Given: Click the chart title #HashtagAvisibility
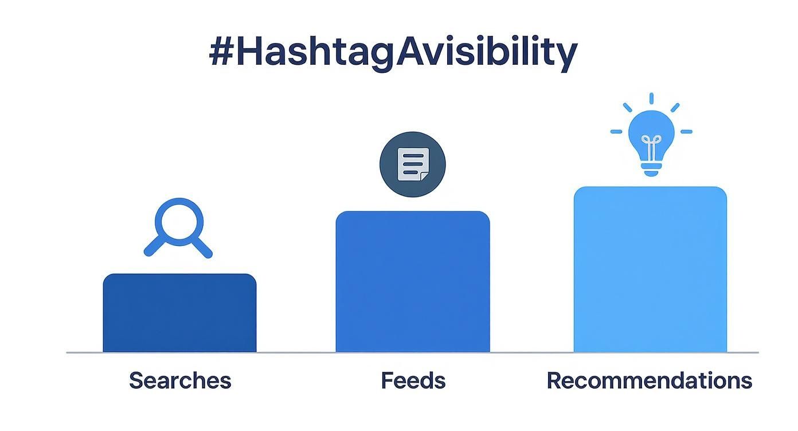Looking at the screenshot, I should point(393,53).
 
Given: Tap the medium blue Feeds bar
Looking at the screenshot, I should point(413,281).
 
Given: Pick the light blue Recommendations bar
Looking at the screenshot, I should point(650,269).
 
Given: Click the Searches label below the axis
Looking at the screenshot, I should point(180,381).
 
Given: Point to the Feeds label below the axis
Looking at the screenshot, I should point(413,381).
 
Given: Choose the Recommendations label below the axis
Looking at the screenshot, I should point(649,381).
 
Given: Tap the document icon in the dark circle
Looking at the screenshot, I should point(413,164).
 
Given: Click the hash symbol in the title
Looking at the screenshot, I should point(221,53).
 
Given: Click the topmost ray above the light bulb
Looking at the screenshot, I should point(651,99).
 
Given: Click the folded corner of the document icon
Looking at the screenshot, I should point(424,175).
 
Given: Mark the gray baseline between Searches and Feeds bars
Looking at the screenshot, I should point(296,352).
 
